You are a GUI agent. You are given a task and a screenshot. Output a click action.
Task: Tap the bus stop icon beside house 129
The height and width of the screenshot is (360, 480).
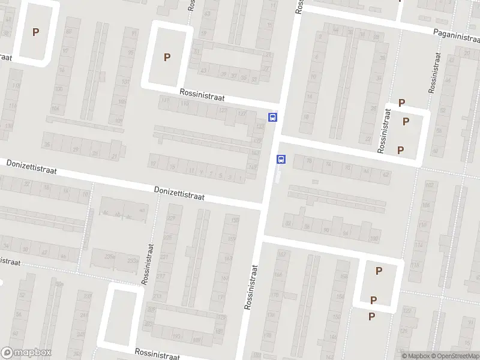[272, 117]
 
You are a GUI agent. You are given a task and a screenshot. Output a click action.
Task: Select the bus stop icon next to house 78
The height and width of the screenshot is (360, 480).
[281, 159]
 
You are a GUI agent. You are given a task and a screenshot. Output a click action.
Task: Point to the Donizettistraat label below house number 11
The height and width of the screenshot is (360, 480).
[179, 193]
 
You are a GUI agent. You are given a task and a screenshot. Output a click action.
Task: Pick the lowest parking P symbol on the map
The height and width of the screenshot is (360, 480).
[371, 316]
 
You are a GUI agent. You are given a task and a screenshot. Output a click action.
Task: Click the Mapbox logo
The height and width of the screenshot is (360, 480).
[26, 353]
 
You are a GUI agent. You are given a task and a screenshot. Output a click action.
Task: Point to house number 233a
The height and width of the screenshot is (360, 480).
[132, 261]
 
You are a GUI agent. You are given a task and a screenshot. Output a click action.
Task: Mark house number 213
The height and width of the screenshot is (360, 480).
[157, 296]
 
